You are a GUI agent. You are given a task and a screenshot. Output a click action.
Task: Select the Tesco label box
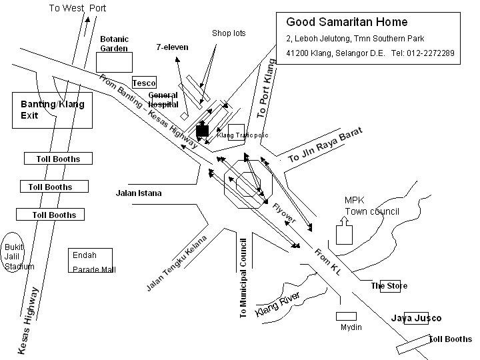144,83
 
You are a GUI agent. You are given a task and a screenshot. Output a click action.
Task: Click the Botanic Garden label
114,43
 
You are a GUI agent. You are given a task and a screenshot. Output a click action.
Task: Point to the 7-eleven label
172,47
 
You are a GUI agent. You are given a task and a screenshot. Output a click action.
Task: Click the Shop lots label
227,33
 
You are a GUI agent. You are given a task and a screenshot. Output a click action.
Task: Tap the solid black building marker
203,131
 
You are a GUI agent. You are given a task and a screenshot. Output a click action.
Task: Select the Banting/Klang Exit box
53,110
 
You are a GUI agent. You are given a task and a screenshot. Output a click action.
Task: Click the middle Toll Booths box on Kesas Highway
55,187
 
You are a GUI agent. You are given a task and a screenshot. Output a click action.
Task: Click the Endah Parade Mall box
90,261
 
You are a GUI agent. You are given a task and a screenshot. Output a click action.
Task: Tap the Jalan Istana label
139,193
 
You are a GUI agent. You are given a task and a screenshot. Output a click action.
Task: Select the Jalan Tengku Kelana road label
177,263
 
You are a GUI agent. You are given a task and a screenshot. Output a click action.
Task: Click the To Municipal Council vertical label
243,277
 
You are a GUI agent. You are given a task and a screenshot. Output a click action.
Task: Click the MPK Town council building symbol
344,233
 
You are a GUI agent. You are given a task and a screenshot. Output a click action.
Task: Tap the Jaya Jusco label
416,318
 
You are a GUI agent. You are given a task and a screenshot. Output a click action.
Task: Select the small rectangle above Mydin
346,316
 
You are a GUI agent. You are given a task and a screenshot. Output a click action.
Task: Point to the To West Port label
78,8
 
